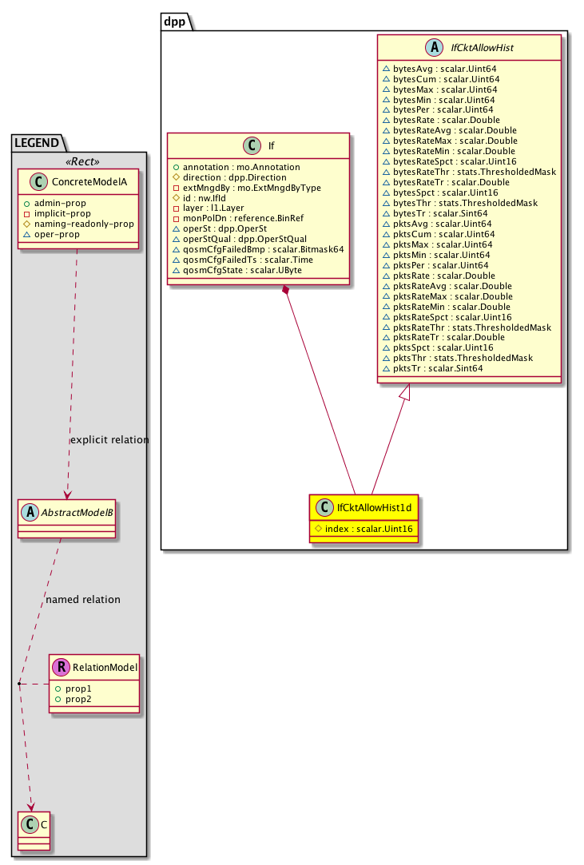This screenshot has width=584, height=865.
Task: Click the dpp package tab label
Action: point(174,22)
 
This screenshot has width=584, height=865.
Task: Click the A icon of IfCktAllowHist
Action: point(436,49)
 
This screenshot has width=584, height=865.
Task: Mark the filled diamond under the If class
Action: point(286,290)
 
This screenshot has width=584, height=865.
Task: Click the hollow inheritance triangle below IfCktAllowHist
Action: point(405,391)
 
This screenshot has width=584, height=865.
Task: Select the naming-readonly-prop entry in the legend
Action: point(84,224)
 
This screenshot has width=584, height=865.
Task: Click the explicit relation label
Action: point(109,440)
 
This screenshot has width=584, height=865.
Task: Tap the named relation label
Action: point(84,600)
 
